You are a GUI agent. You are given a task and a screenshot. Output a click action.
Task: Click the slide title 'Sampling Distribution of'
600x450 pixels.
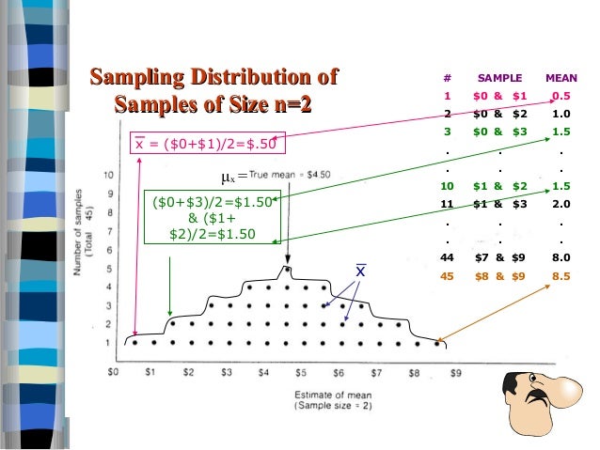tap(212, 76)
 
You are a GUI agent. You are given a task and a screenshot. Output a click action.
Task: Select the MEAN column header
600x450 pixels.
tap(561, 78)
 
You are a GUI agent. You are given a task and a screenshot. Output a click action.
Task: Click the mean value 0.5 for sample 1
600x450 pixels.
tap(562, 96)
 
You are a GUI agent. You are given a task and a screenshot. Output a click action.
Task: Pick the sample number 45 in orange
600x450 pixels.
tap(448, 275)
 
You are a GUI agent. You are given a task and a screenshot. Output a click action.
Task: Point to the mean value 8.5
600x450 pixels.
tap(562, 275)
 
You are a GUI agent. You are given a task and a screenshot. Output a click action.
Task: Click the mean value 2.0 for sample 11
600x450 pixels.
tap(562, 203)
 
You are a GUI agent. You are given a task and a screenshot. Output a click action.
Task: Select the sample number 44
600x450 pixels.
tap(448, 257)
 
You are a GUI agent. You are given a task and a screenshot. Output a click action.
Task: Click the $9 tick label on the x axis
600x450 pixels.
tap(456, 372)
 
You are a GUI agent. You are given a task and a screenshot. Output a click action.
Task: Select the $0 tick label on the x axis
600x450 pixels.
tap(114, 372)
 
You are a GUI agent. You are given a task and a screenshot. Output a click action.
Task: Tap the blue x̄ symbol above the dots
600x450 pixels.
tap(359, 272)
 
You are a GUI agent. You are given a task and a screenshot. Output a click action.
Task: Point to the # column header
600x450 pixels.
tap(448, 78)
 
